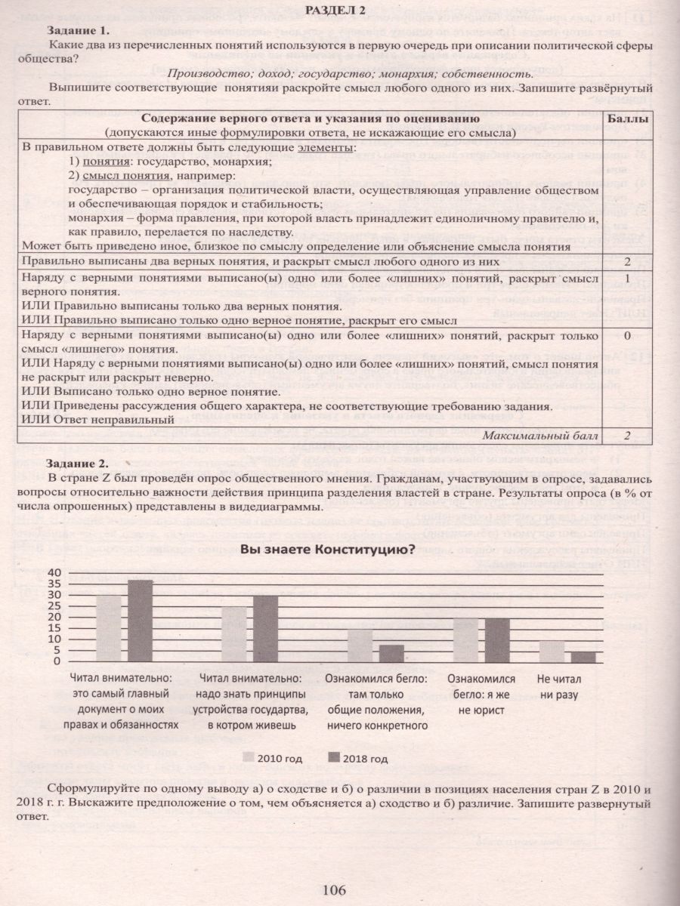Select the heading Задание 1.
[78, 31]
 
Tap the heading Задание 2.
[78, 463]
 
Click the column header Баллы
[628, 119]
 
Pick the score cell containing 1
[627, 279]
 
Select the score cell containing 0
[627, 335]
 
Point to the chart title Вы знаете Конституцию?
[326, 550]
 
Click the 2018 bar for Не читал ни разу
[583, 656]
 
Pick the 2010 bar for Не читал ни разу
[552, 651]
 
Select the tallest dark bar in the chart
[140, 621]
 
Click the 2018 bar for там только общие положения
[391, 653]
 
